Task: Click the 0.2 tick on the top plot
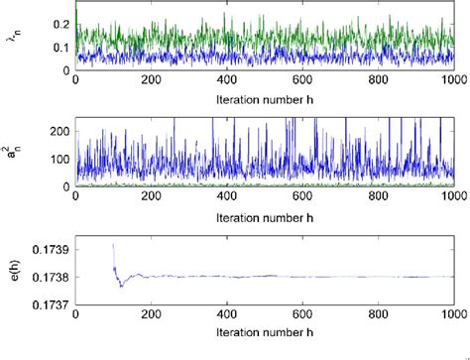click(60, 21)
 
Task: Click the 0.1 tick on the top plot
click(60, 46)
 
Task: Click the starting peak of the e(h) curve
click(113, 244)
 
